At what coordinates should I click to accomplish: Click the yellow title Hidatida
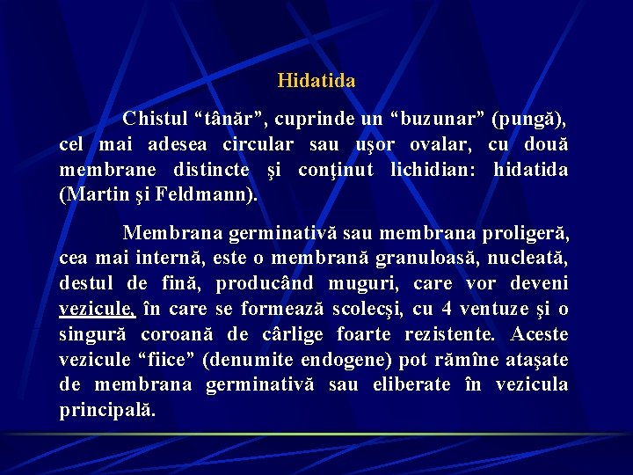(x=316, y=81)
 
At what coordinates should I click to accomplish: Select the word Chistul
(x=155, y=118)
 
